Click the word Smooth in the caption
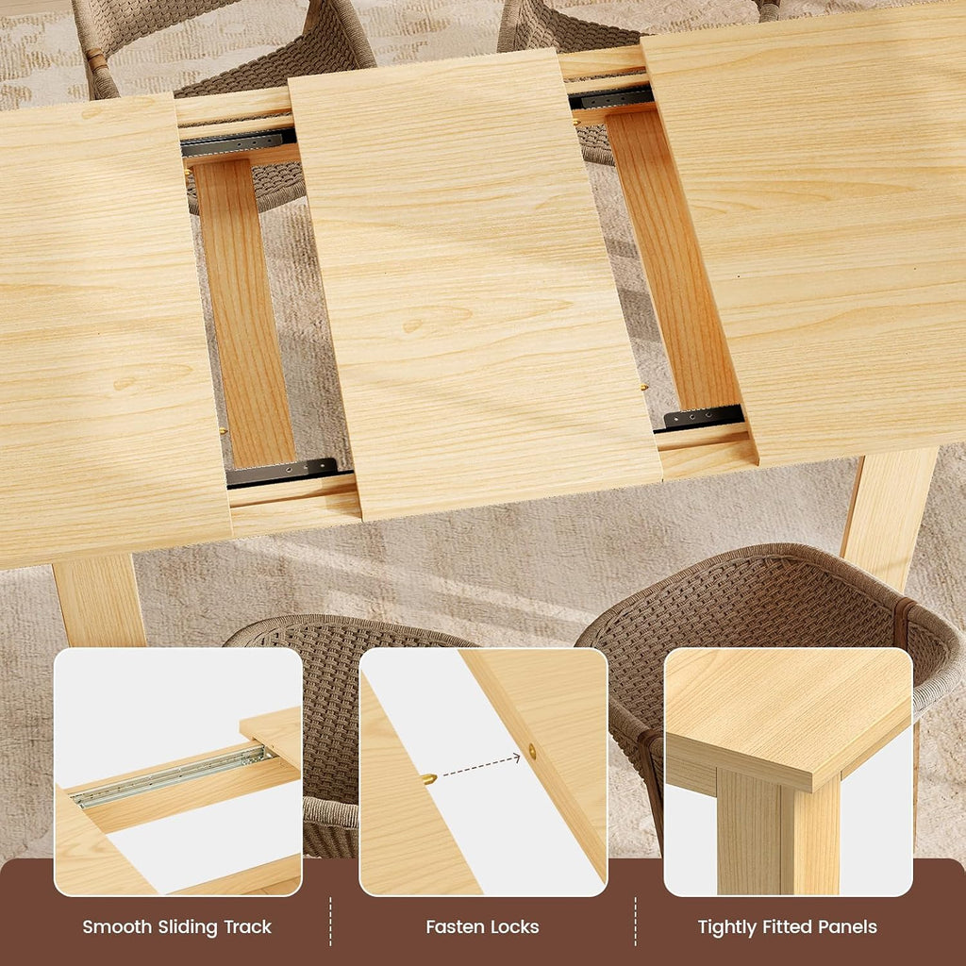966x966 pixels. tap(116, 926)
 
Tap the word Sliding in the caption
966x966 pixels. tap(188, 927)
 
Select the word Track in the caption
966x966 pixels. tap(248, 926)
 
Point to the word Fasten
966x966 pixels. tap(452, 926)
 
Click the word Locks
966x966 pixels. tap(512, 926)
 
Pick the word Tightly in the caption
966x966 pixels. tap(727, 927)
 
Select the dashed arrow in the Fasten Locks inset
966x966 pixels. tap(481, 766)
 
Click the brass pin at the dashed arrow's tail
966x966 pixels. tap(429, 778)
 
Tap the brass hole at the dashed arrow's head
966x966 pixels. tap(532, 752)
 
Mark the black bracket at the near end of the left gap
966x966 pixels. tap(282, 473)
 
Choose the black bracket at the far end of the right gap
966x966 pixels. tap(611, 97)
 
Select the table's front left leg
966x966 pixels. tap(98, 601)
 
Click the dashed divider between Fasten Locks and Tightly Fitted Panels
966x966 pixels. tap(635, 922)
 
